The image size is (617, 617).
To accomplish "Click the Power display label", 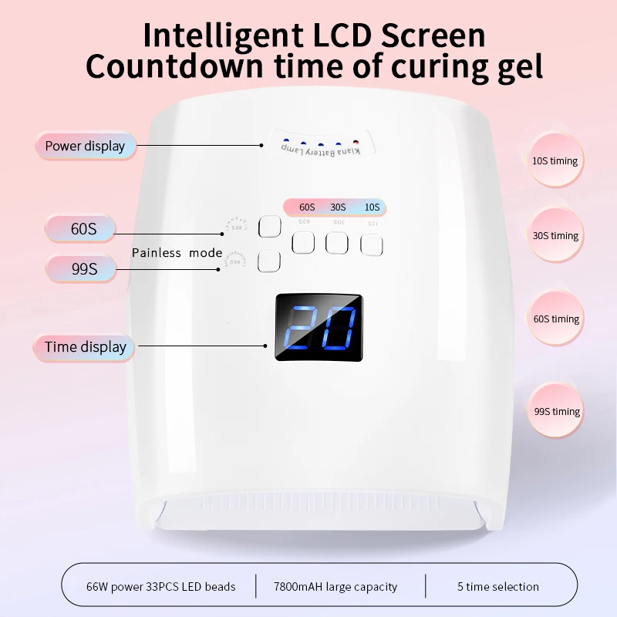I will [85, 146].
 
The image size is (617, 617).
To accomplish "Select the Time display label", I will [85, 347].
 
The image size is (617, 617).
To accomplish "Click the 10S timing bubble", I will [555, 161].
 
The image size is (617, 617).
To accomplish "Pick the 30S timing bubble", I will [555, 236].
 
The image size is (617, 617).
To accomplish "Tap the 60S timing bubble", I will [555, 319].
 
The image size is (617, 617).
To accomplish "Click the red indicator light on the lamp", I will [356, 143].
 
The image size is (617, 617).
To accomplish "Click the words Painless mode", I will [177, 253].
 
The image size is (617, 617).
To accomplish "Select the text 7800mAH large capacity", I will [335, 587].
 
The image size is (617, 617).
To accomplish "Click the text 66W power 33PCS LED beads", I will [160, 587].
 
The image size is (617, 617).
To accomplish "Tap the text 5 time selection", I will [498, 587].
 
